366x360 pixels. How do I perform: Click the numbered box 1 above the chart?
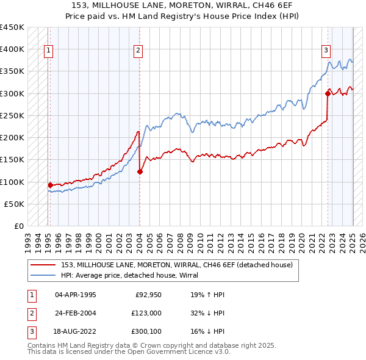coord(48,51)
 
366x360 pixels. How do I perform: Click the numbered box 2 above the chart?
coord(139,51)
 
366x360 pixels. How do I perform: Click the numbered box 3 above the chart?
coord(326,51)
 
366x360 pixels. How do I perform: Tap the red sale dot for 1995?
coord(50,184)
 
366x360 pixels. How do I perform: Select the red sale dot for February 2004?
coord(140,171)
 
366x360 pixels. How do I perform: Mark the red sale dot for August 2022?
coord(328,93)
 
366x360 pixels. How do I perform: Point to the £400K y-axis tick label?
coord(12,49)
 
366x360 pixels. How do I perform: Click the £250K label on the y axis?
coord(12,115)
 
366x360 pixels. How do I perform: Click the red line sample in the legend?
coord(43,265)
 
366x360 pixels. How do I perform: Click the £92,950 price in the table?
coord(148,295)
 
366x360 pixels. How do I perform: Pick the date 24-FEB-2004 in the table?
coord(76,313)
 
